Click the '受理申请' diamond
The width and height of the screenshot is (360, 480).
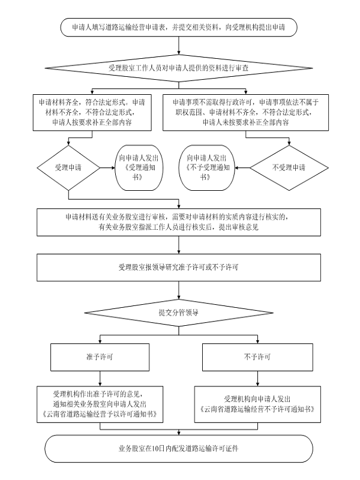[x=68, y=168]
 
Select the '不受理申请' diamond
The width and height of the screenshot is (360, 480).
[x=289, y=168]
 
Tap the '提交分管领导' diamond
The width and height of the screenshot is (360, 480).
[x=179, y=313]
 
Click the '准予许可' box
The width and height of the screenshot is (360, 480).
[x=100, y=357]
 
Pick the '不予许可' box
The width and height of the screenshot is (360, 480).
[x=257, y=357]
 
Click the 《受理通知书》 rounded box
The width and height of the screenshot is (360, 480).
[x=139, y=168]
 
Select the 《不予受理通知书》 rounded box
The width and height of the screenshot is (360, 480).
[x=206, y=168]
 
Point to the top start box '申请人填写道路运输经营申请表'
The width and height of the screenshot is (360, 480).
[x=179, y=27]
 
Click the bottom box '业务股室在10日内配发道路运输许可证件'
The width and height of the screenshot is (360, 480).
[x=179, y=449]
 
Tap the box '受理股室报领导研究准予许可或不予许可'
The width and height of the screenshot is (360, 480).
[x=179, y=268]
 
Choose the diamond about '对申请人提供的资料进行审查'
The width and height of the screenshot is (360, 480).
[x=179, y=68]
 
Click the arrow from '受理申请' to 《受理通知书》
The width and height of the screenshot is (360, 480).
[x=107, y=168]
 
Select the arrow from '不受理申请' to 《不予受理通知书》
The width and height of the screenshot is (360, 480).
[x=242, y=168]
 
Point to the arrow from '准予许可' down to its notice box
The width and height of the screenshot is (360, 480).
[x=100, y=379]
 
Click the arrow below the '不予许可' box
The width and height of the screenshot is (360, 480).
[x=257, y=379]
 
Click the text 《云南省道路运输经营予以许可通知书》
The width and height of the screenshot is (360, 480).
[x=100, y=414]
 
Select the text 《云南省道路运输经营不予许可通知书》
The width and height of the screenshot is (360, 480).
[x=257, y=409]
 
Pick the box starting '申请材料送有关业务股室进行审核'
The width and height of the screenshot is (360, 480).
[x=179, y=222]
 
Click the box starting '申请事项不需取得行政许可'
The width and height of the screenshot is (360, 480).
[x=245, y=113]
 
